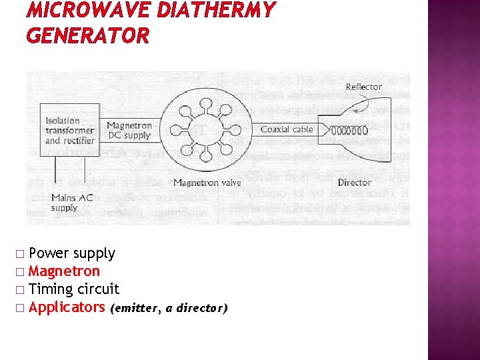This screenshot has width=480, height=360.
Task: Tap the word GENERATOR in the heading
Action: pos(87,35)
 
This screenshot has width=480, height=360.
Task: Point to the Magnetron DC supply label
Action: pos(129,130)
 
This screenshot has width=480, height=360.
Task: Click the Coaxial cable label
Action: pos(286,129)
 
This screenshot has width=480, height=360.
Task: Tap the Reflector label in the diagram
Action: pos(364,87)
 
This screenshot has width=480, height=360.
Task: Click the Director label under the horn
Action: pos(355,182)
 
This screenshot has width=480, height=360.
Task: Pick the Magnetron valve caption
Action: pos(207,182)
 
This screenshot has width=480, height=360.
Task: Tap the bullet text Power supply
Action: pos(72,253)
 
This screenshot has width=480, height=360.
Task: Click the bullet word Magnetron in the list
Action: pos(65,271)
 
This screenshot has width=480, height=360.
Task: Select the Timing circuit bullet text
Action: pos(74,289)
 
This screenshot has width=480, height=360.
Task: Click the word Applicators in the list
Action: pos(67,307)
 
